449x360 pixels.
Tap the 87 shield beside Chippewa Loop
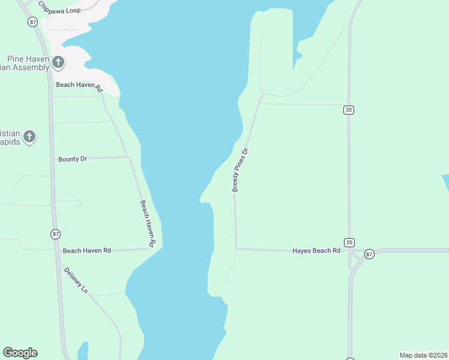click(32, 22)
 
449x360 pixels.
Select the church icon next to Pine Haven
click(58, 61)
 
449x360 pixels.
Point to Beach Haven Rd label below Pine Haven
click(80, 86)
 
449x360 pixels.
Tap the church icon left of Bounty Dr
click(28, 137)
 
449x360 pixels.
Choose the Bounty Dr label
click(72, 159)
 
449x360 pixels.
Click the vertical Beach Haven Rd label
click(148, 223)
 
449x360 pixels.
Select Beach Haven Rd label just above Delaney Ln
click(87, 250)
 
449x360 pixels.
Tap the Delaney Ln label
click(76, 280)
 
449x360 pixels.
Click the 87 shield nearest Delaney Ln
click(56, 233)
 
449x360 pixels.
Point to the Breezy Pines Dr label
click(240, 170)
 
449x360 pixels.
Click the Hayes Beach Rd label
click(316, 250)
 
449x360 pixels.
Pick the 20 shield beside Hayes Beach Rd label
click(349, 242)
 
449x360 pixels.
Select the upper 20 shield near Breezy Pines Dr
click(348, 110)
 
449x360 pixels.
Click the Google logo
click(20, 353)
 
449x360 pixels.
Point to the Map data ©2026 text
click(423, 355)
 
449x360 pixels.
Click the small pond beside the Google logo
click(83, 351)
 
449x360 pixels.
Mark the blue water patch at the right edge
click(445, 183)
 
